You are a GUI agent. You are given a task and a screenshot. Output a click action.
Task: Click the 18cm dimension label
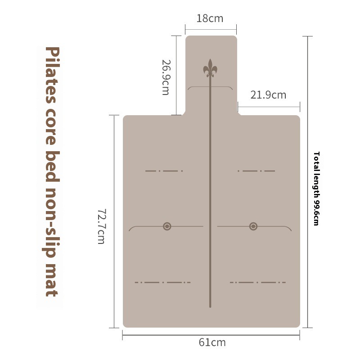pos(210,18)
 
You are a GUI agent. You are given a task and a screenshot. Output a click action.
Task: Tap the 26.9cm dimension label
pos(166,77)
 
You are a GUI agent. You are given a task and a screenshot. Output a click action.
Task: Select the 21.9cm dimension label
pos(268,95)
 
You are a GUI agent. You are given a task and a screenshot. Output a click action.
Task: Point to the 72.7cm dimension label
pos(101,226)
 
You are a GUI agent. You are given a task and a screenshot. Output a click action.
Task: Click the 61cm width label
pos(212,342)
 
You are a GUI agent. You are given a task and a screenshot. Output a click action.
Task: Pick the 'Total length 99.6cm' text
pos(316,189)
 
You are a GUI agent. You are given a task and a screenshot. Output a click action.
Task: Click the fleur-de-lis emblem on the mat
pos(210,68)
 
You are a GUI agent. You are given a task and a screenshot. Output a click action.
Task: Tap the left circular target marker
pos(167,226)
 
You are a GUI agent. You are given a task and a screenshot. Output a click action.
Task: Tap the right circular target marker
pos(253,226)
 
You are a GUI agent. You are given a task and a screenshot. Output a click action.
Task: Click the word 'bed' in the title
pos(53,166)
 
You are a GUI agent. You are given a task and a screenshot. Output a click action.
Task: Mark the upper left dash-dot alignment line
pos(164,171)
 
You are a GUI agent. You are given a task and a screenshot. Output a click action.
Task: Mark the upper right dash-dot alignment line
pos(256,171)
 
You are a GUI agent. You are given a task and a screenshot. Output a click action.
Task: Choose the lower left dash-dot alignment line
pos(162,282)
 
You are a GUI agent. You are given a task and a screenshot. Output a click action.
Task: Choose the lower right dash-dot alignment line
pos(257,282)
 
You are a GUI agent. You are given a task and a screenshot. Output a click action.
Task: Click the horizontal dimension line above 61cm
pos(211,335)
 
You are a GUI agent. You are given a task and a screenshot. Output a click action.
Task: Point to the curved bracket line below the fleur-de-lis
pos(210,87)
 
